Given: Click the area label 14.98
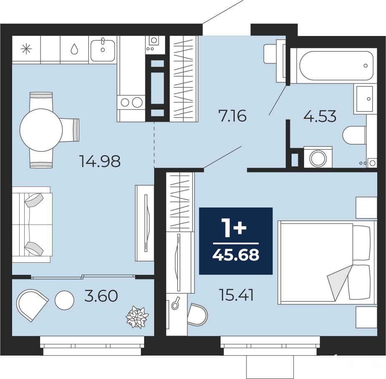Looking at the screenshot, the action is click(100, 161).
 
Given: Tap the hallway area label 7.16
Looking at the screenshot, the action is click(232, 116).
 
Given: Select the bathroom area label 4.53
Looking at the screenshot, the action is click(320, 116).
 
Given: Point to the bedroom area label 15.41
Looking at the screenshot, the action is click(236, 295).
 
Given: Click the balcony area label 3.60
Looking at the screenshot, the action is click(101, 296).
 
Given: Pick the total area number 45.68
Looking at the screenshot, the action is click(236, 255).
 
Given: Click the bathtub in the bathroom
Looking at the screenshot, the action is click(336, 65).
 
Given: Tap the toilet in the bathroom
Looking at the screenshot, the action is click(354, 136).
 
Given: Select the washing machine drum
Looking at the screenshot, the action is click(318, 158).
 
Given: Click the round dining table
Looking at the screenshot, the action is click(41, 130).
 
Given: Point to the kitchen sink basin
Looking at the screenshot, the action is click(102, 50).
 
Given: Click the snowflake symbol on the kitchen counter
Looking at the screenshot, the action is click(26, 49).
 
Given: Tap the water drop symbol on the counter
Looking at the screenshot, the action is click(74, 49).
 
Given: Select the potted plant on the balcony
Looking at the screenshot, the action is click(137, 317).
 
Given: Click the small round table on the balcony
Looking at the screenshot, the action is click(64, 300).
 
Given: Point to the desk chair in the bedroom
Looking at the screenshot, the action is click(198, 315).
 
